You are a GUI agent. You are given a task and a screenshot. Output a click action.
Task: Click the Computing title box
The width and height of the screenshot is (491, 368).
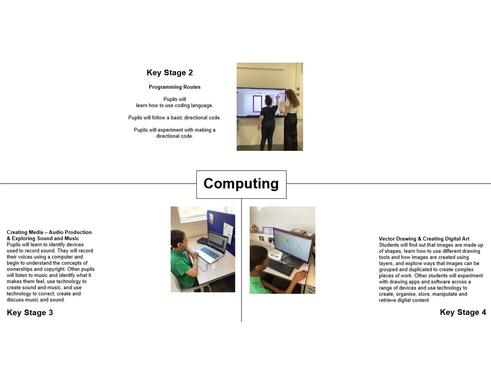[241, 184]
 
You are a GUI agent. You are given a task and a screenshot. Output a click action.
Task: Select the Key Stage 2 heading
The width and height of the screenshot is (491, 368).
[169, 73]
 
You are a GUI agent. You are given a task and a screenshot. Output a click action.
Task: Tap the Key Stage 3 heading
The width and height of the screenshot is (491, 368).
[30, 312]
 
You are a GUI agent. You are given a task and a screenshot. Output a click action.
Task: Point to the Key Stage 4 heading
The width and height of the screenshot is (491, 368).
[463, 312]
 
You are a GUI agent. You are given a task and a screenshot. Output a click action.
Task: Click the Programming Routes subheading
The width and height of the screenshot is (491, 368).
[174, 87]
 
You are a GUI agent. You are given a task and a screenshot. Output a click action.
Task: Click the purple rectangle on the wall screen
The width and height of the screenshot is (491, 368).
[257, 104]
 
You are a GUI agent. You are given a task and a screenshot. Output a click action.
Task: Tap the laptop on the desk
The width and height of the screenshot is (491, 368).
[212, 247]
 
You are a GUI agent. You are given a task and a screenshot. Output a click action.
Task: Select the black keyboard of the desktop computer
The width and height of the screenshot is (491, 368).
[281, 267]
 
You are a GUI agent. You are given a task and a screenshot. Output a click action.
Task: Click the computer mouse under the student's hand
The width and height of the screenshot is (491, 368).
[304, 272]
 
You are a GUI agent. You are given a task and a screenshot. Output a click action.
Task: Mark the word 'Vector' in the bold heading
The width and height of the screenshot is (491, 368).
[387, 239]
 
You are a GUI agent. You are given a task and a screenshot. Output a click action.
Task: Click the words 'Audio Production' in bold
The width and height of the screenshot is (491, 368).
[70, 232]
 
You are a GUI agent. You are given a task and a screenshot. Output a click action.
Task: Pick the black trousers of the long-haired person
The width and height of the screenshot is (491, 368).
[291, 132]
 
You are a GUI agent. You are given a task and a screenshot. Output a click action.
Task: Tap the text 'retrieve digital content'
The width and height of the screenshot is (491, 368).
[404, 300]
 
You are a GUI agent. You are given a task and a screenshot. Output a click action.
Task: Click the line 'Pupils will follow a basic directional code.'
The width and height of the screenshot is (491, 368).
[174, 118]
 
